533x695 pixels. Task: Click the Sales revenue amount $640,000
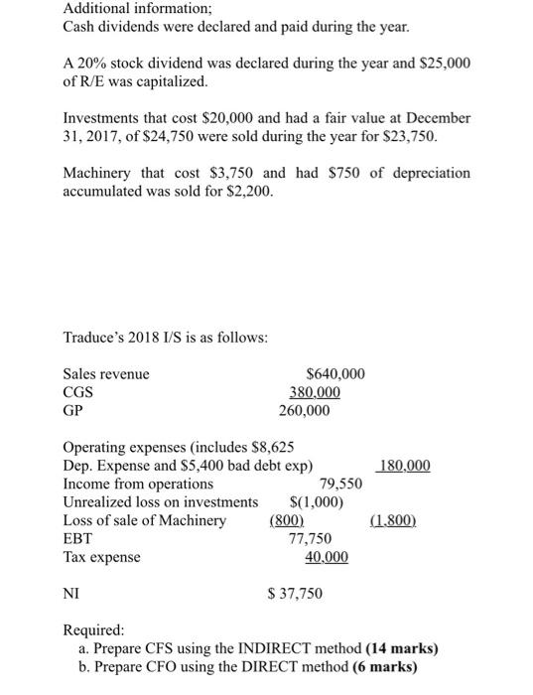tap(335, 374)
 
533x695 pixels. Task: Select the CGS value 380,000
tap(313, 392)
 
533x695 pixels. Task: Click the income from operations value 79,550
tap(340, 484)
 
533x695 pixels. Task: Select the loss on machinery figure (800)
tap(287, 520)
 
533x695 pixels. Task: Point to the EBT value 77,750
tap(310, 538)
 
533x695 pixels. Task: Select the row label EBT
tap(77, 538)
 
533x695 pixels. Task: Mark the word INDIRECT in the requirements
tap(276, 649)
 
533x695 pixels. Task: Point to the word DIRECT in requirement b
tap(285, 666)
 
